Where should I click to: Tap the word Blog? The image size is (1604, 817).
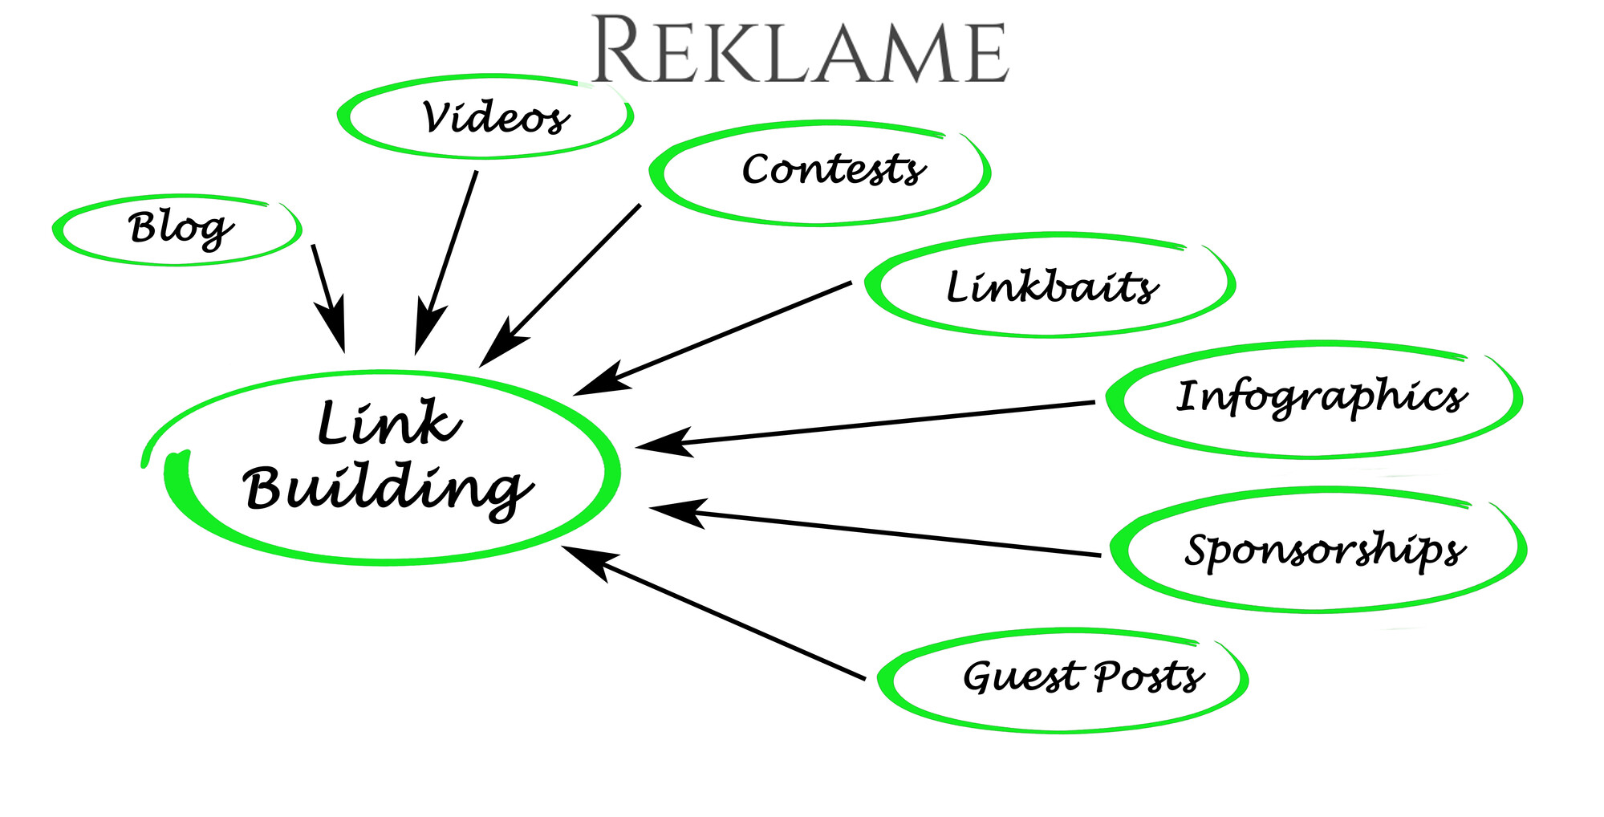click(181, 230)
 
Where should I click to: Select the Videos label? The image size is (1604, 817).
click(495, 119)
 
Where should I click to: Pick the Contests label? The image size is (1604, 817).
click(833, 170)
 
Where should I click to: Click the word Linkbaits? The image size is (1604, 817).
click(1052, 287)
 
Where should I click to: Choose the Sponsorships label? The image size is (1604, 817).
click(1325, 551)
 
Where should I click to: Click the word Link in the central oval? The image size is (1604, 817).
click(389, 423)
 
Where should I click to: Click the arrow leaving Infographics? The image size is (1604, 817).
click(867, 424)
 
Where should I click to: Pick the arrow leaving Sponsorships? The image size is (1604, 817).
click(875, 531)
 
